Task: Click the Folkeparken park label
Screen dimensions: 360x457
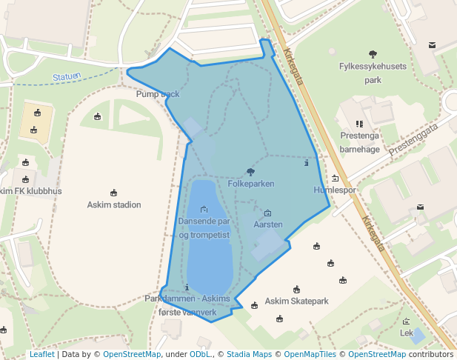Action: tap(251, 183)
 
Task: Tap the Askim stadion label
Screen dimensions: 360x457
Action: tap(114, 204)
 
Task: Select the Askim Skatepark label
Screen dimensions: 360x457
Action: tap(296, 301)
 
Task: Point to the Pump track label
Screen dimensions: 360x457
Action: tap(158, 94)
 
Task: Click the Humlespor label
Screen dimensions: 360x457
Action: tap(335, 190)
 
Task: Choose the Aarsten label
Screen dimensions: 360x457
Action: tap(267, 224)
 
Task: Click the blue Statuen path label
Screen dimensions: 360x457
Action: tap(67, 76)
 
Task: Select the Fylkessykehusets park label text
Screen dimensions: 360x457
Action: tap(373, 73)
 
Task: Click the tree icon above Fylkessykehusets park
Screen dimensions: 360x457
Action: tap(373, 53)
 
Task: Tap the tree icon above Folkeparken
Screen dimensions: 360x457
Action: tap(250, 172)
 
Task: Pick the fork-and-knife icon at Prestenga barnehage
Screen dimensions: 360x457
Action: tap(359, 124)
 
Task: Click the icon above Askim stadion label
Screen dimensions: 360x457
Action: tap(114, 193)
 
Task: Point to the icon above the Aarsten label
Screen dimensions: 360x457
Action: tap(267, 213)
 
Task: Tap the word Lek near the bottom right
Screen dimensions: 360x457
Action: tap(406, 333)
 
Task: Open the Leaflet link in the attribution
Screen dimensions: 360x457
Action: tap(41, 355)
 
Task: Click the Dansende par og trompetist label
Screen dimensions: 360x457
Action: tap(204, 228)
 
